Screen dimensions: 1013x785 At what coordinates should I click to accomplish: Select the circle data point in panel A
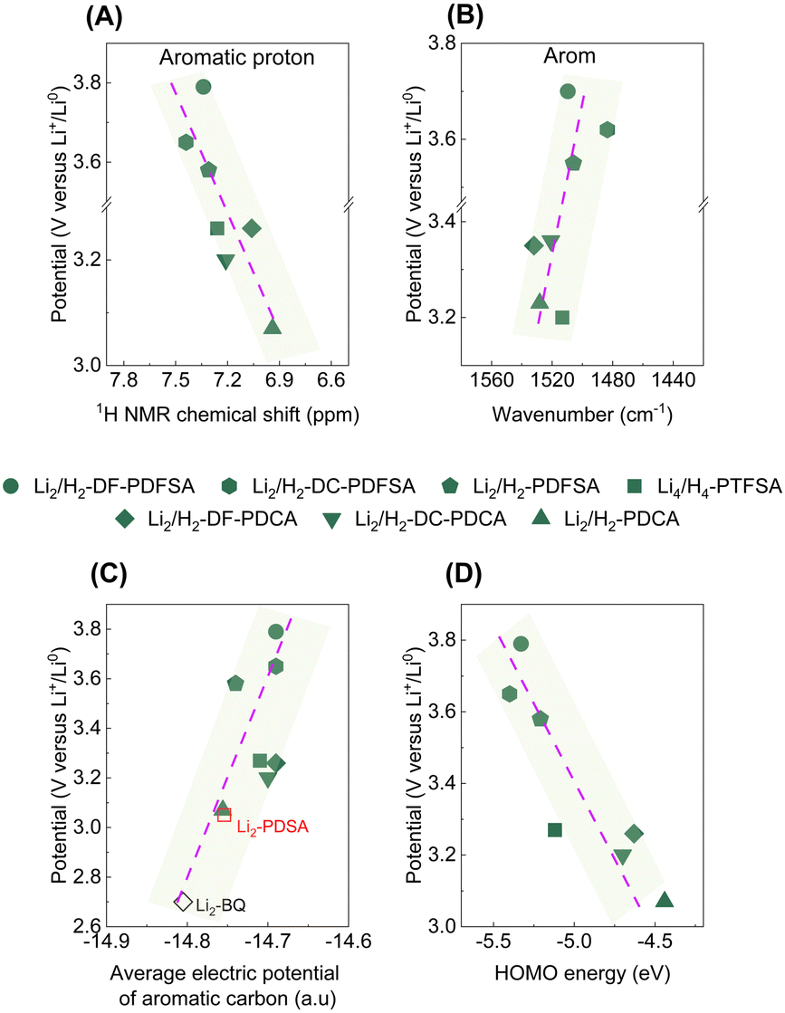[203, 87]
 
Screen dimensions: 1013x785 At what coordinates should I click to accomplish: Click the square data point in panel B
[561, 317]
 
